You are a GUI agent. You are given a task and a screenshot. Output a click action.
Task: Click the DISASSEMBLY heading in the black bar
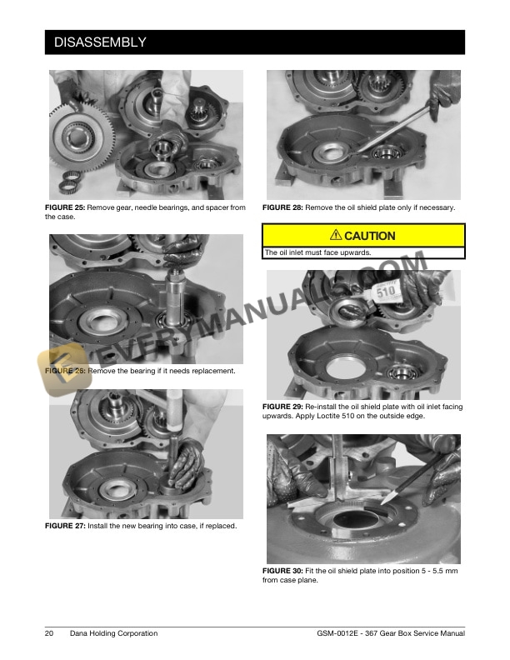tap(100, 42)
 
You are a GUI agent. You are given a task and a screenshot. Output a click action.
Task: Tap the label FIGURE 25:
tap(65, 207)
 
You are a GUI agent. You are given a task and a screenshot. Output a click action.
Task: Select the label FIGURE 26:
tap(65, 371)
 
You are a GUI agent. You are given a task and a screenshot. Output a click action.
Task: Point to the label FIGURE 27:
tap(65, 526)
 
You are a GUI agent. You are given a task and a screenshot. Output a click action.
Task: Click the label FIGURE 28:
tap(282, 207)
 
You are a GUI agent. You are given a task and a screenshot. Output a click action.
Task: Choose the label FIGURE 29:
tap(282, 407)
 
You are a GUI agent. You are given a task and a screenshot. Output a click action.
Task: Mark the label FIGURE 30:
tap(282, 571)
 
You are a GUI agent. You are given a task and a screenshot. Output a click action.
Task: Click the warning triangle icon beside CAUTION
tap(336, 235)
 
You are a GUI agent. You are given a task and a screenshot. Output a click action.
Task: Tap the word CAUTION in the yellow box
tap(370, 236)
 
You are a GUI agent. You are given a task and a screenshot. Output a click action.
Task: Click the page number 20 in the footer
tap(49, 633)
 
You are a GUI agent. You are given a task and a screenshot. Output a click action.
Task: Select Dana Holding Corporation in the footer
tap(113, 633)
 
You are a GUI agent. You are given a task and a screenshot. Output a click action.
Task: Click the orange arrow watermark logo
tap(64, 368)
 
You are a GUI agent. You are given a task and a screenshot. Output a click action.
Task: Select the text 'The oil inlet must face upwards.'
tap(317, 252)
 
